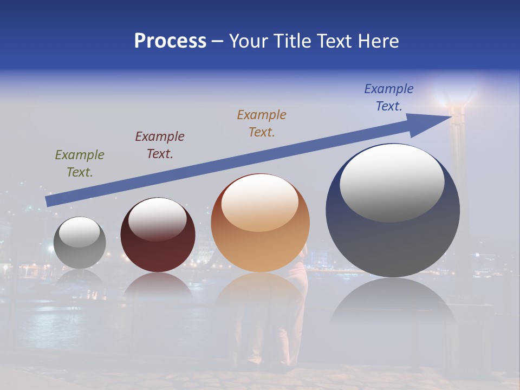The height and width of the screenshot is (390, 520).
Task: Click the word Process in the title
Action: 170,41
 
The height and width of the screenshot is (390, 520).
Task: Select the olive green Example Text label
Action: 80,164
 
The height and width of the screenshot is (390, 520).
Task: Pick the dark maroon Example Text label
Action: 160,145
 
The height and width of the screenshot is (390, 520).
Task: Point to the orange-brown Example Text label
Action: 262,123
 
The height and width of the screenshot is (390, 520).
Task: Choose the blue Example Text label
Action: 389,97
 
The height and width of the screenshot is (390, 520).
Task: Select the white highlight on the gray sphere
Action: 79,232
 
